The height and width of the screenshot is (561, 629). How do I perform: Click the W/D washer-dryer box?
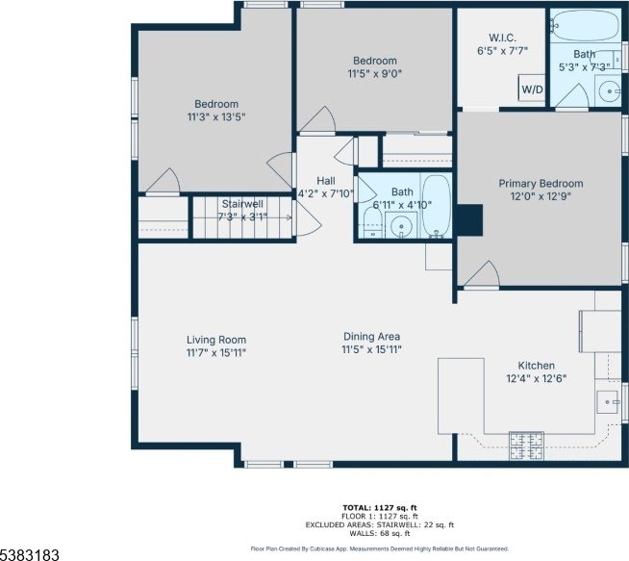532,88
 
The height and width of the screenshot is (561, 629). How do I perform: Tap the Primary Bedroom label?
541,184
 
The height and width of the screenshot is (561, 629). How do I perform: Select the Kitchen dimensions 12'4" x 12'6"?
537,378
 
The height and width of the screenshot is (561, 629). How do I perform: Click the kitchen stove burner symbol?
527,446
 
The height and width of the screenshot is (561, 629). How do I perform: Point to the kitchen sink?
607,402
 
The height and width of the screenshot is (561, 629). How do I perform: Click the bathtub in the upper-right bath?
586,25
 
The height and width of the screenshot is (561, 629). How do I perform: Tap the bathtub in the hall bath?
437,206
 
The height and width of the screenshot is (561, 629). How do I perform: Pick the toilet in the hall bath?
372,222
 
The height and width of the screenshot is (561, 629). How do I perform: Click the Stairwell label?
242,204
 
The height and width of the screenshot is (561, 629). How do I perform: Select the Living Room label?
216,340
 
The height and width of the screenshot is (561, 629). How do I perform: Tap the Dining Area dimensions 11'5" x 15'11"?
371,349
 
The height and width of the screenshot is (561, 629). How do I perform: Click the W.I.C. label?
503,38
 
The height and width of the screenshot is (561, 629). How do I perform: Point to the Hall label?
326,181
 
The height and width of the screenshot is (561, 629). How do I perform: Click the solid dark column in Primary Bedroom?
469,220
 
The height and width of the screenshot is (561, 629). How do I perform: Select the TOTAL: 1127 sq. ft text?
380,508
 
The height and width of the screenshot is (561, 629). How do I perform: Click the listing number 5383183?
30,554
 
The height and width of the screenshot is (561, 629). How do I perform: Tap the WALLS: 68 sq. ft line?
380,533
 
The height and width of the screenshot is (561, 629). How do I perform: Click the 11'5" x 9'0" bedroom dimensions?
375,74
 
